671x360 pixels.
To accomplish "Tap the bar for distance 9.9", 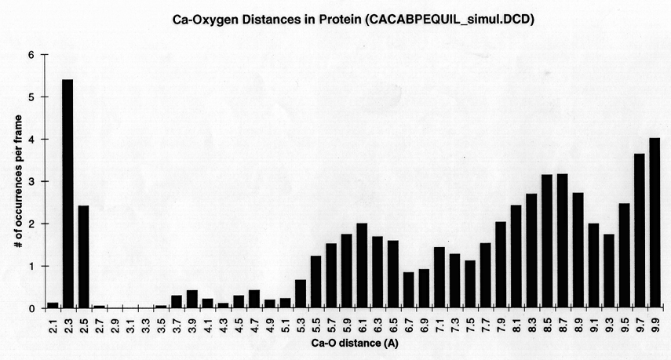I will click(x=655, y=223).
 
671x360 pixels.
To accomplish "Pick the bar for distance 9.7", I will click(x=639, y=231).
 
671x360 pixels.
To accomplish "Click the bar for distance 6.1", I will click(x=362, y=266).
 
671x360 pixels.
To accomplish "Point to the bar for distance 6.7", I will click(x=408, y=290).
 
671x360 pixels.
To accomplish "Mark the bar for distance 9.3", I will click(x=608, y=271).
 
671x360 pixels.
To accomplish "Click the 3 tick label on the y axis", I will click(x=31, y=181).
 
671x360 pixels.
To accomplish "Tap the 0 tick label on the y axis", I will click(x=31, y=308).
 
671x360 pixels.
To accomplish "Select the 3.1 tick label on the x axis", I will click(x=130, y=325).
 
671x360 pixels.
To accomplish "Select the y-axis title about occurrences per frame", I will click(x=16, y=181).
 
